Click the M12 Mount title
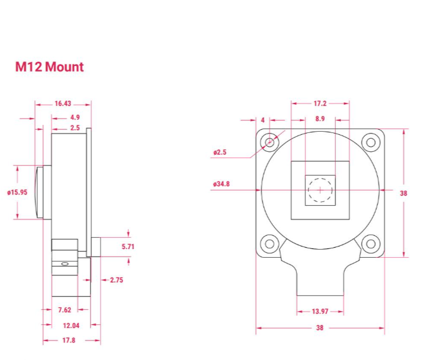coord(49,66)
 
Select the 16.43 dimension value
coord(63,103)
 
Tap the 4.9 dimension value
coord(75,117)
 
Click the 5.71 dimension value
coord(127,246)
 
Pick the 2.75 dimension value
coord(116,280)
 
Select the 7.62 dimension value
coord(64,310)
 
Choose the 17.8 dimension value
coord(68,341)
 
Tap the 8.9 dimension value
coord(320,118)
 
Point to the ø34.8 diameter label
coord(222,184)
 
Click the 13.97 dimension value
coord(320,311)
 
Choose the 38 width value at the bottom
coord(320,328)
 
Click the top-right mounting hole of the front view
coord(370,142)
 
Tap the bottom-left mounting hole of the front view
coord(270,243)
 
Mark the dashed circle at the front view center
coord(320,189)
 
